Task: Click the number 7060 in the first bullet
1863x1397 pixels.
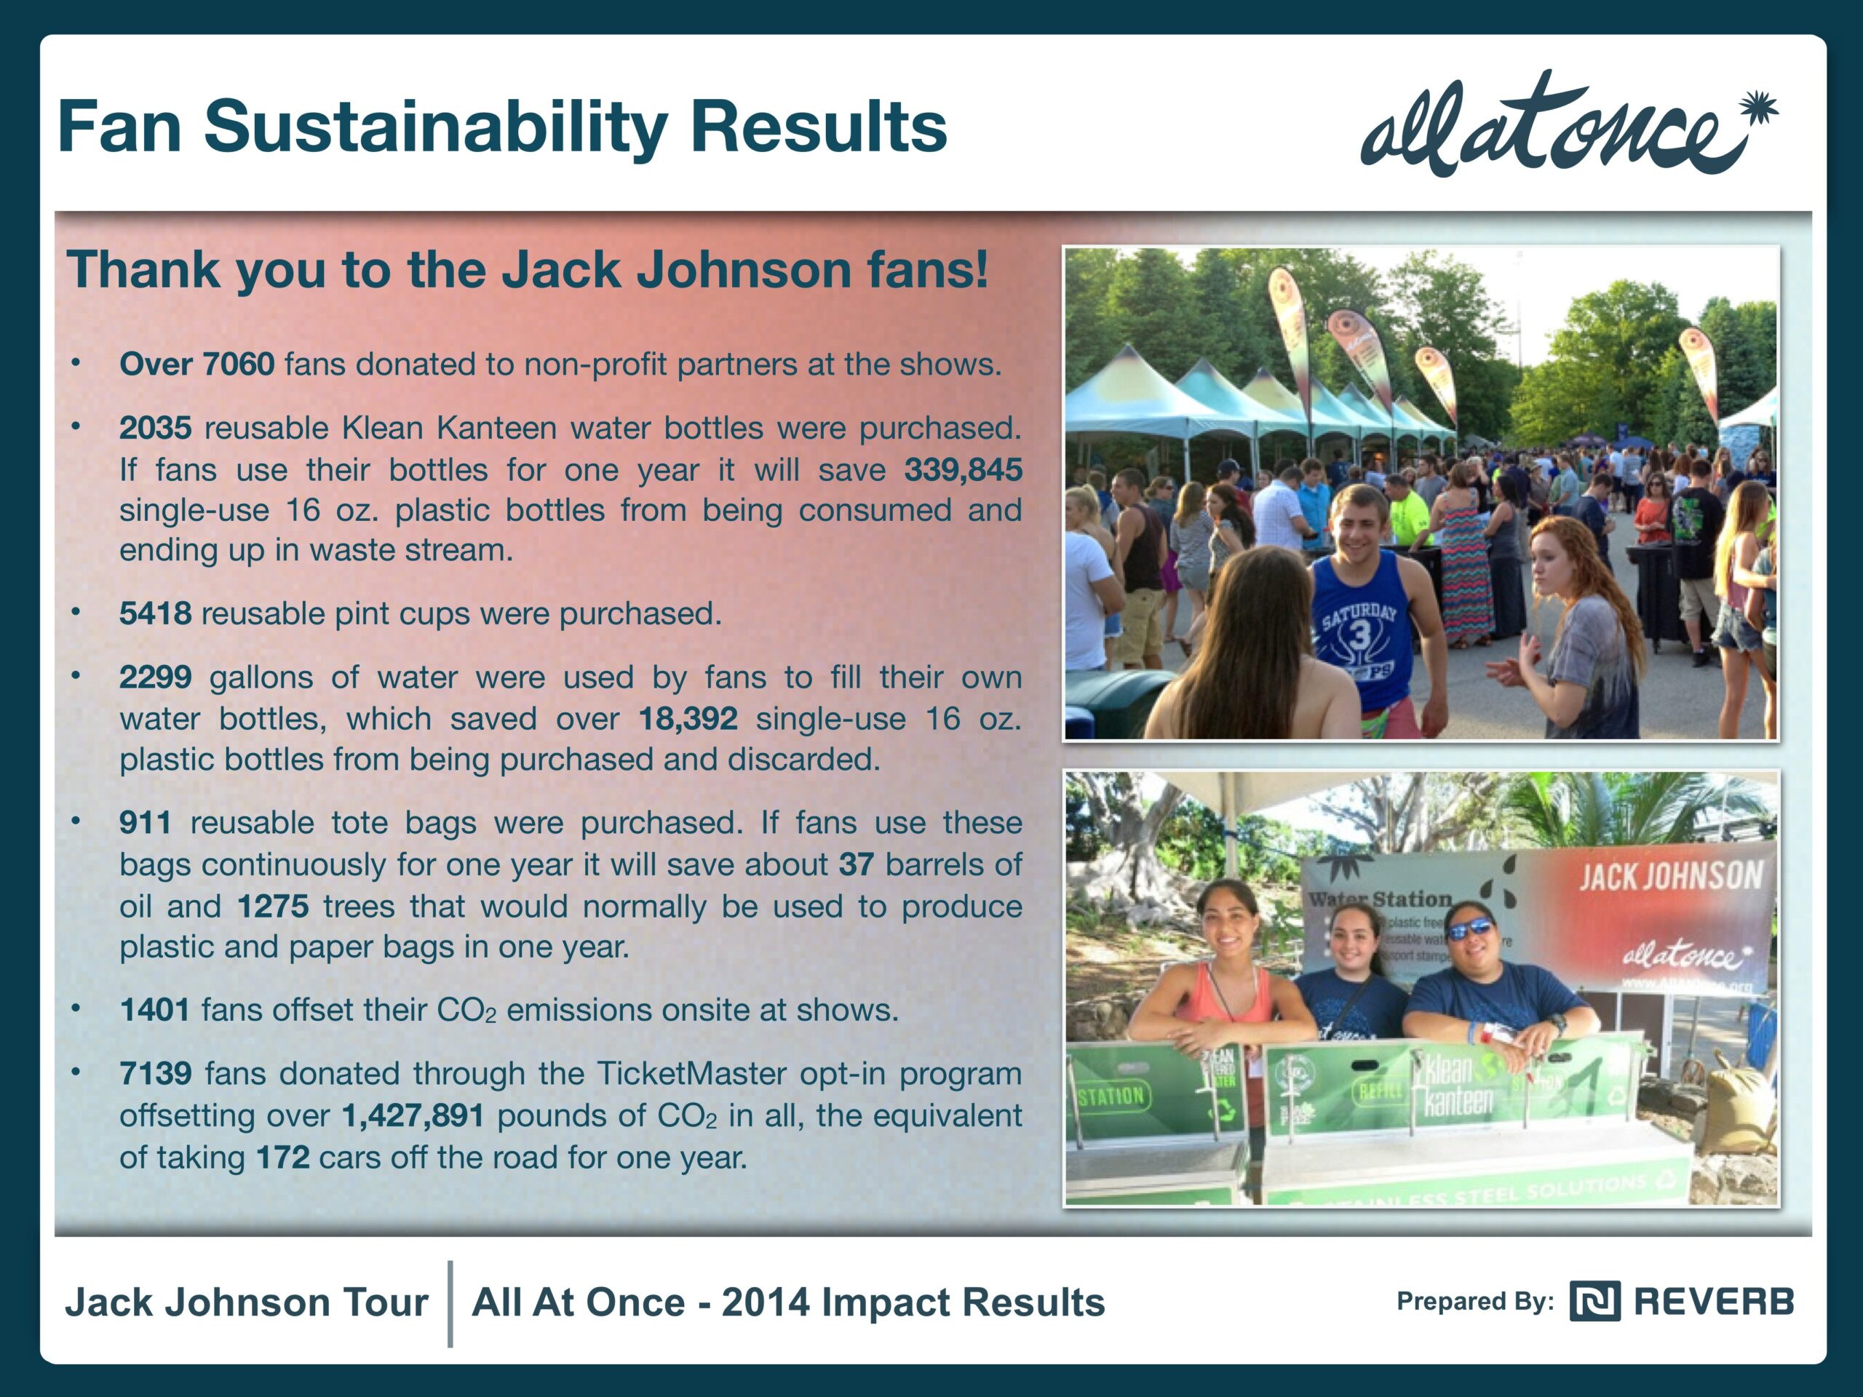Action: click(239, 365)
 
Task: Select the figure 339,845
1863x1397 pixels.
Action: click(963, 470)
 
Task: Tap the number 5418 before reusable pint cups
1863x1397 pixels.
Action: click(155, 614)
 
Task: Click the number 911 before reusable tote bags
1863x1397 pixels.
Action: click(145, 823)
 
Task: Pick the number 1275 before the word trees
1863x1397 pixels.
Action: click(272, 907)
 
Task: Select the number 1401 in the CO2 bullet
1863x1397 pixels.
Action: click(155, 1011)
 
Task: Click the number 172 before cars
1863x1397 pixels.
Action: click(283, 1158)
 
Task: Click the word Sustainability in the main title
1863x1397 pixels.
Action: click(436, 128)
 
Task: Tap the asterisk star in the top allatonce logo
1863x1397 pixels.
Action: click(1758, 111)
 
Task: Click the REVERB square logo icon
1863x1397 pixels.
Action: click(1594, 1301)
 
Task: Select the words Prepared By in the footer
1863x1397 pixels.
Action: click(1474, 1302)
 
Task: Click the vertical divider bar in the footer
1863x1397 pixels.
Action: click(450, 1304)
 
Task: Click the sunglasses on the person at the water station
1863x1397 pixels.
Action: click(1470, 930)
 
